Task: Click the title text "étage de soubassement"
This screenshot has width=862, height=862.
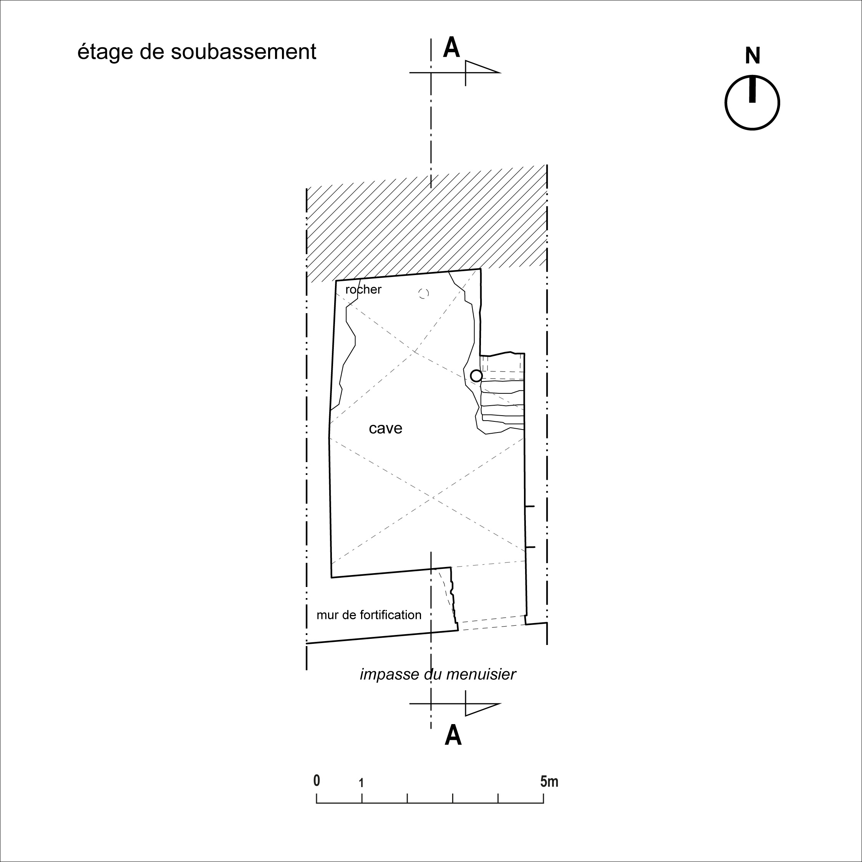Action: tap(197, 52)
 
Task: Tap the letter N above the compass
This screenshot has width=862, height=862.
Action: tap(752, 56)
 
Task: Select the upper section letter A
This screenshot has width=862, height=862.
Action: tap(451, 48)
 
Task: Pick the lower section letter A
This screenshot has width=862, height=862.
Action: tap(453, 735)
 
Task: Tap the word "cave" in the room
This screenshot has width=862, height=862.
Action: tap(386, 429)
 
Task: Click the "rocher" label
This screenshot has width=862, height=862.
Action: tap(363, 290)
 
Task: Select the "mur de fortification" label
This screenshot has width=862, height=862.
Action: tap(369, 615)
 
